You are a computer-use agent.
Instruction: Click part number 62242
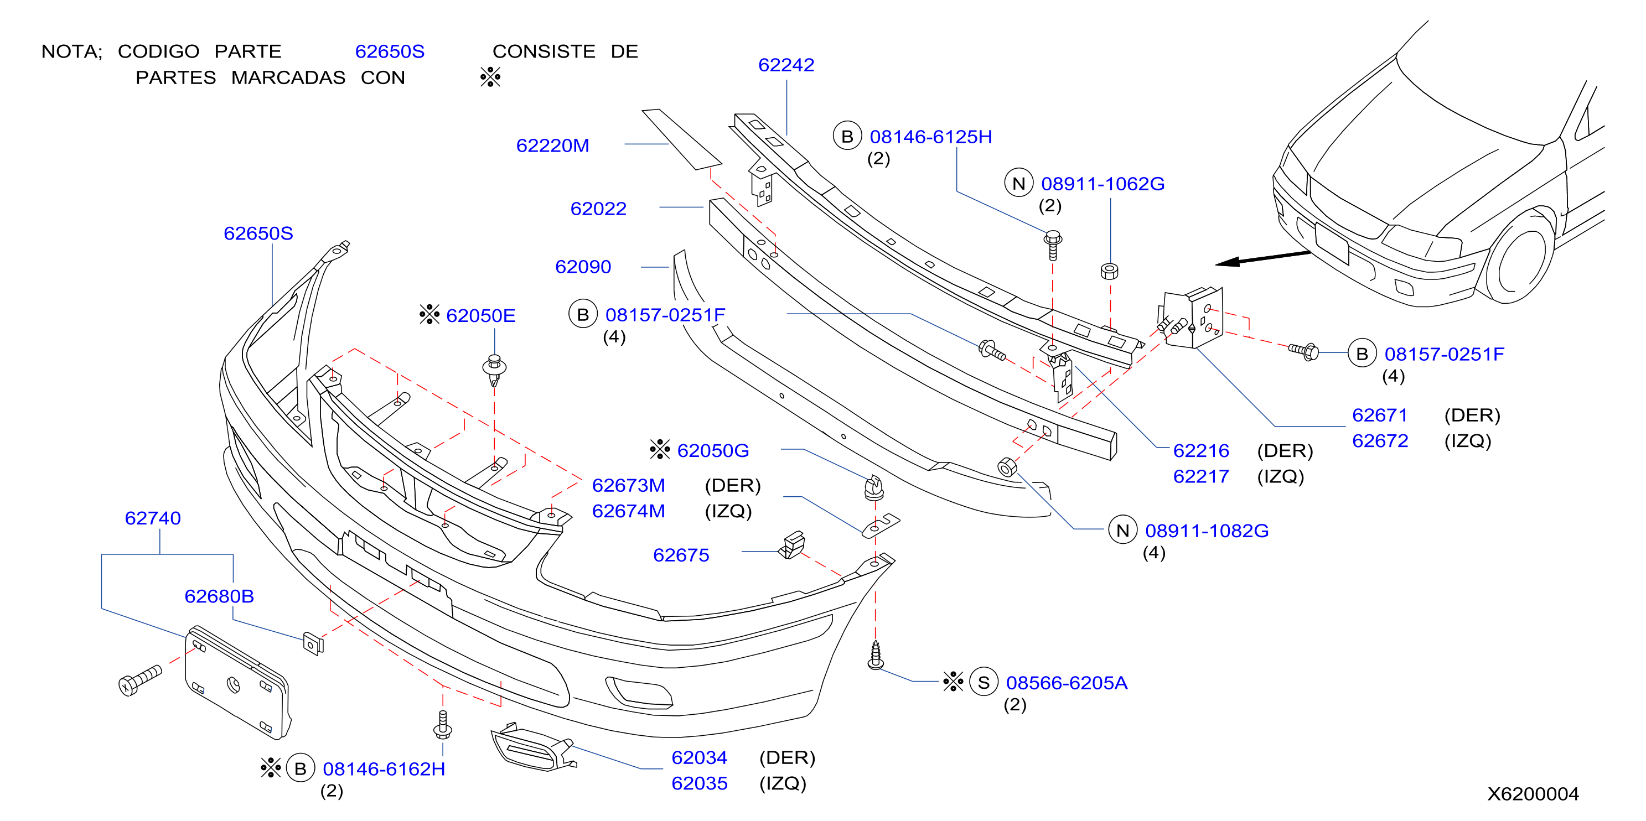tap(786, 65)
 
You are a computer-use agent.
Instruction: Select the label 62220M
tap(553, 146)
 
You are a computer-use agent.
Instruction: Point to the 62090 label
tap(583, 267)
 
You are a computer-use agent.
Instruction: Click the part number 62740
tap(153, 518)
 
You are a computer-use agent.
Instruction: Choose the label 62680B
tap(219, 596)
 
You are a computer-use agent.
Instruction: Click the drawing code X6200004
tap(1533, 793)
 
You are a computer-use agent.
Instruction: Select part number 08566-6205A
tap(1067, 683)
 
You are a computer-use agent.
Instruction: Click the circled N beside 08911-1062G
tap(1018, 183)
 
